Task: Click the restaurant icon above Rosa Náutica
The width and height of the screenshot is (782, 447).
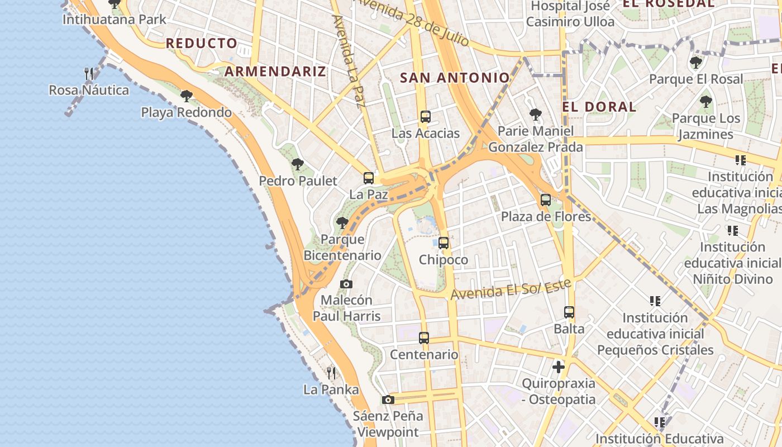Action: point(89,73)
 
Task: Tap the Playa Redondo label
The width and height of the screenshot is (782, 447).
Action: point(186,112)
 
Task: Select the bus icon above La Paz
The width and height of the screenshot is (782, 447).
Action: point(369,178)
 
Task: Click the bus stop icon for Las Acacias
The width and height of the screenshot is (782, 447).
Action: point(426,117)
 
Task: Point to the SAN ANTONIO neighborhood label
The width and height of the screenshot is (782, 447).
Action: point(455,78)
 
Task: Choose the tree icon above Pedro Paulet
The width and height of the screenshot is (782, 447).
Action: point(298,164)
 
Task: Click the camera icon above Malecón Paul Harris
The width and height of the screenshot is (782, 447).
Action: point(346,284)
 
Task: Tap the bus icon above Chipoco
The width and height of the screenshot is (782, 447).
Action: point(444,243)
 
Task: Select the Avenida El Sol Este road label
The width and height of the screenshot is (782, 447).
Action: point(511,289)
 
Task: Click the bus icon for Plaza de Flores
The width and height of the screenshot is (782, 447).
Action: point(546,199)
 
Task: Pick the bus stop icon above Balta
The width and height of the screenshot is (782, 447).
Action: point(569,312)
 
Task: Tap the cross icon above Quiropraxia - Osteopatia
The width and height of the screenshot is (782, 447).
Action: point(559,367)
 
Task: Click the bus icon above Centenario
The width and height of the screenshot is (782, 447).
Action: point(424,338)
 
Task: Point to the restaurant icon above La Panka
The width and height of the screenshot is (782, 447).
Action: point(331,373)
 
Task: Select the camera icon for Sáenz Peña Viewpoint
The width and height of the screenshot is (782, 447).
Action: point(388,400)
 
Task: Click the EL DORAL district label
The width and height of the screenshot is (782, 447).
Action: point(599,107)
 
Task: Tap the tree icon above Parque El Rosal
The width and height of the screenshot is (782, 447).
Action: point(696,63)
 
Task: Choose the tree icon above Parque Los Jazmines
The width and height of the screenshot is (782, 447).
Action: point(706,102)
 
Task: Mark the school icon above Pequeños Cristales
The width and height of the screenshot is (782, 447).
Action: point(655,301)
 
